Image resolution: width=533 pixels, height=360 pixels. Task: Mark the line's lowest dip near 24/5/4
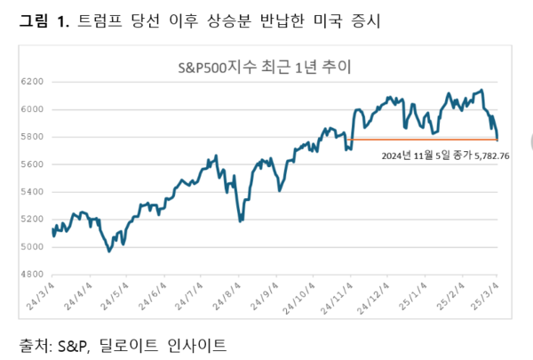[x=109, y=251]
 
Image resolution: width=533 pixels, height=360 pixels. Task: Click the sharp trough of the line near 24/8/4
[x=241, y=220]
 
